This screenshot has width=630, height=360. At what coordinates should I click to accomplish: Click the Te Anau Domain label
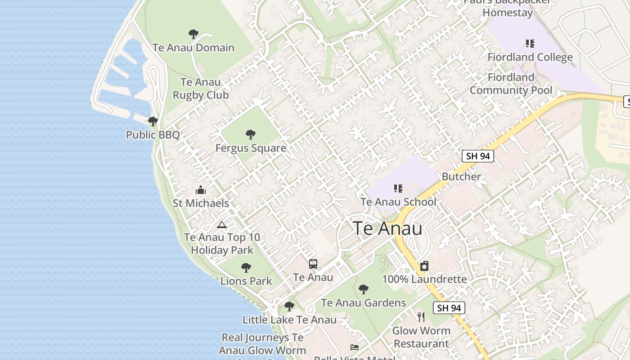[193, 48]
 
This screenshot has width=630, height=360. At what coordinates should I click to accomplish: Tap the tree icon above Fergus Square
[251, 134]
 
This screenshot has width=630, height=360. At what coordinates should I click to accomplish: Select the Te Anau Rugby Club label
[201, 89]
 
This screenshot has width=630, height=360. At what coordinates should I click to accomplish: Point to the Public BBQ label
[153, 135]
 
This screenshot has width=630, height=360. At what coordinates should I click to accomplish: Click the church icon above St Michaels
[201, 190]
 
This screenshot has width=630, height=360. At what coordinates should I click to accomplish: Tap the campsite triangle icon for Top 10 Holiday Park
[221, 225]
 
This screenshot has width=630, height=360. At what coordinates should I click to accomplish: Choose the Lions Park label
[246, 281]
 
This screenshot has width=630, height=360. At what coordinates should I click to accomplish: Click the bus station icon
[313, 264]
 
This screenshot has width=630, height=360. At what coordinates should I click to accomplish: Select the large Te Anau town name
[387, 229]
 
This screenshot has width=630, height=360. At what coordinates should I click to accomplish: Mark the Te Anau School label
[398, 202]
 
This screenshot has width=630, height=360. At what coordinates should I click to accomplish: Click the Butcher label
[461, 176]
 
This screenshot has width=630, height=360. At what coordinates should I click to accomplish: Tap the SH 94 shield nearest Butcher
[478, 156]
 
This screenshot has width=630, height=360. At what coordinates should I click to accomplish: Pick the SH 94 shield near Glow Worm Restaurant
[449, 308]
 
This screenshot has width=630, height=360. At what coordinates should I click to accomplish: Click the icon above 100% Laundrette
[424, 266]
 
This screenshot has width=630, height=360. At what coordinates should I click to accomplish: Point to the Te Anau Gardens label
[364, 303]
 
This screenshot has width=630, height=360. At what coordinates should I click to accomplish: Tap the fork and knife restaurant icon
[421, 317]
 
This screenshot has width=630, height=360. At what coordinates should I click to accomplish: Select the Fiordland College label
[530, 57]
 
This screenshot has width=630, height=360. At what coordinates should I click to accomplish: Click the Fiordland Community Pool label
[511, 84]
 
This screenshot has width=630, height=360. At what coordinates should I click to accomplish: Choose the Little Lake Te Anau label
[289, 320]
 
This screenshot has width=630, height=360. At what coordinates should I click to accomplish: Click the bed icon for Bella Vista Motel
[355, 347]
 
